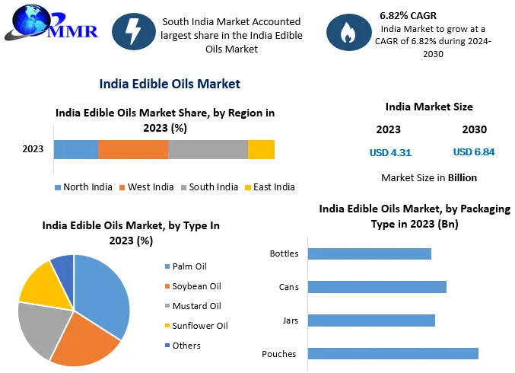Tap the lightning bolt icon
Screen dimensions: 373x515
click(134, 32)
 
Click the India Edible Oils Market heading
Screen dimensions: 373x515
click(170, 84)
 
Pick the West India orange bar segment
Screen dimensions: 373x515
click(133, 149)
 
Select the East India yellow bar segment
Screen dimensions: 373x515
click(261, 149)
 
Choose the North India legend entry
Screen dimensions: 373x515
click(83, 187)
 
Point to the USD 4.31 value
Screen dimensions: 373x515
click(390, 152)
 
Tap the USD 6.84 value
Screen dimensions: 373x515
click(474, 152)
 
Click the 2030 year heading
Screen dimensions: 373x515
click(475, 129)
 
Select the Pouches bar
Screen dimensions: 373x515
click(393, 353)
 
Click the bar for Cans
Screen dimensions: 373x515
click(377, 287)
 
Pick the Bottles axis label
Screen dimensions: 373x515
click(285, 253)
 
